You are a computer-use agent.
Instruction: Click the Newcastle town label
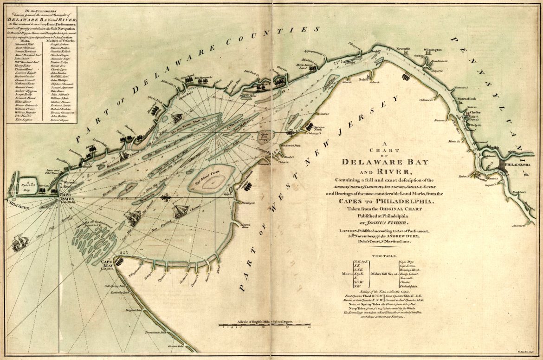point(403,48)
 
